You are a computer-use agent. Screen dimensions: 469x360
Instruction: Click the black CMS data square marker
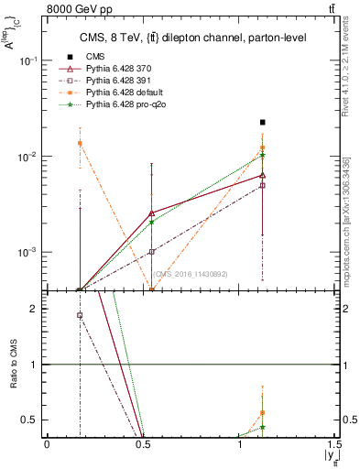tap(262, 122)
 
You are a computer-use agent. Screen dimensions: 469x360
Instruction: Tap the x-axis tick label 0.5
tap(143, 443)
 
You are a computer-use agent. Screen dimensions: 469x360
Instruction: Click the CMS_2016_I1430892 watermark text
tap(190, 274)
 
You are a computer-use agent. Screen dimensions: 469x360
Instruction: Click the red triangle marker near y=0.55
tap(151, 213)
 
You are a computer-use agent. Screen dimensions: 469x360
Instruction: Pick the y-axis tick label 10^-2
tap(30, 157)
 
